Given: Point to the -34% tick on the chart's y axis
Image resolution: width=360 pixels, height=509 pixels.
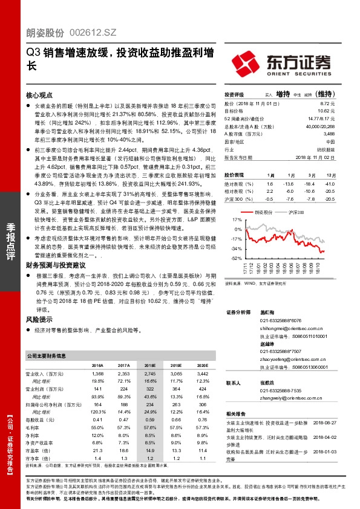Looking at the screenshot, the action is (236, 248).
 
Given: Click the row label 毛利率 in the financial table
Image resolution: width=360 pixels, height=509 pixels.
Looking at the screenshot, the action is (37, 427).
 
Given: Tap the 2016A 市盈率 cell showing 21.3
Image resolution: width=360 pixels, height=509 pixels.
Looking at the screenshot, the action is (98, 451).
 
